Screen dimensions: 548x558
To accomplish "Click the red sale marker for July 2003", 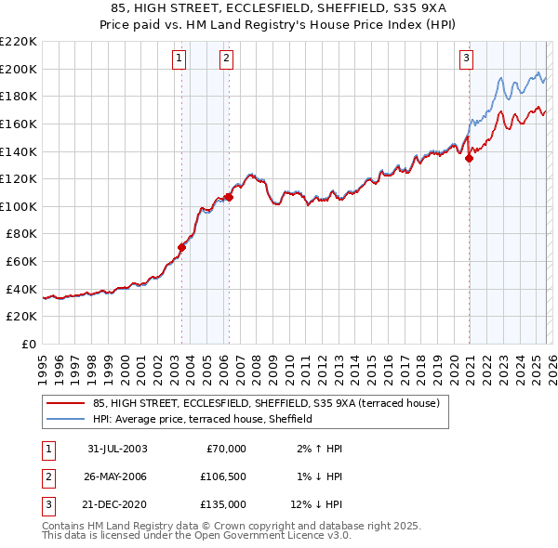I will pyautogui.click(x=182, y=247).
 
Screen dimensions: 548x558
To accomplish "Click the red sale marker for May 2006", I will pyautogui.click(x=229, y=197).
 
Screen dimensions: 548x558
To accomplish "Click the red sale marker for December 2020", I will pyautogui.click(x=469, y=158).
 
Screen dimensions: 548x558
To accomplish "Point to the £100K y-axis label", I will pyautogui.click(x=20, y=206).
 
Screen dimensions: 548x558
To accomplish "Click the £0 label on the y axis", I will pyautogui.click(x=28, y=345).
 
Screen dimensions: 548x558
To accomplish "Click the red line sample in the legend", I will pyautogui.click(x=66, y=403).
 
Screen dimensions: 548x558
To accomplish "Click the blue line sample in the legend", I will pyautogui.click(x=66, y=420).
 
